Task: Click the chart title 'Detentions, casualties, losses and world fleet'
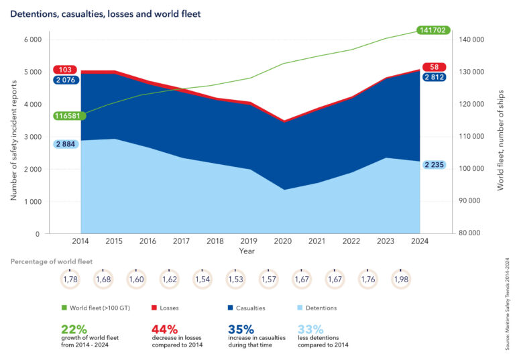pyautogui.click(x=105, y=13)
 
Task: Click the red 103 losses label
pyautogui.click(x=65, y=70)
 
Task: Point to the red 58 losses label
pyautogui.click(x=435, y=67)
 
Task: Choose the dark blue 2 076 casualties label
pyautogui.click(x=65, y=80)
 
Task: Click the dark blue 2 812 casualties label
pyautogui.click(x=435, y=77)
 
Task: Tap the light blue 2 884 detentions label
pyautogui.click(x=65, y=144)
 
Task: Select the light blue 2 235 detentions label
pyautogui.click(x=435, y=165)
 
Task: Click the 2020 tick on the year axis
pyautogui.click(x=282, y=242)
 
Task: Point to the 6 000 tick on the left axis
pyautogui.click(x=32, y=40)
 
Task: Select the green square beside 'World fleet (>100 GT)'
pyautogui.click(x=64, y=308)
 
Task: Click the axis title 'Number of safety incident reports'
pyautogui.click(x=13, y=136)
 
